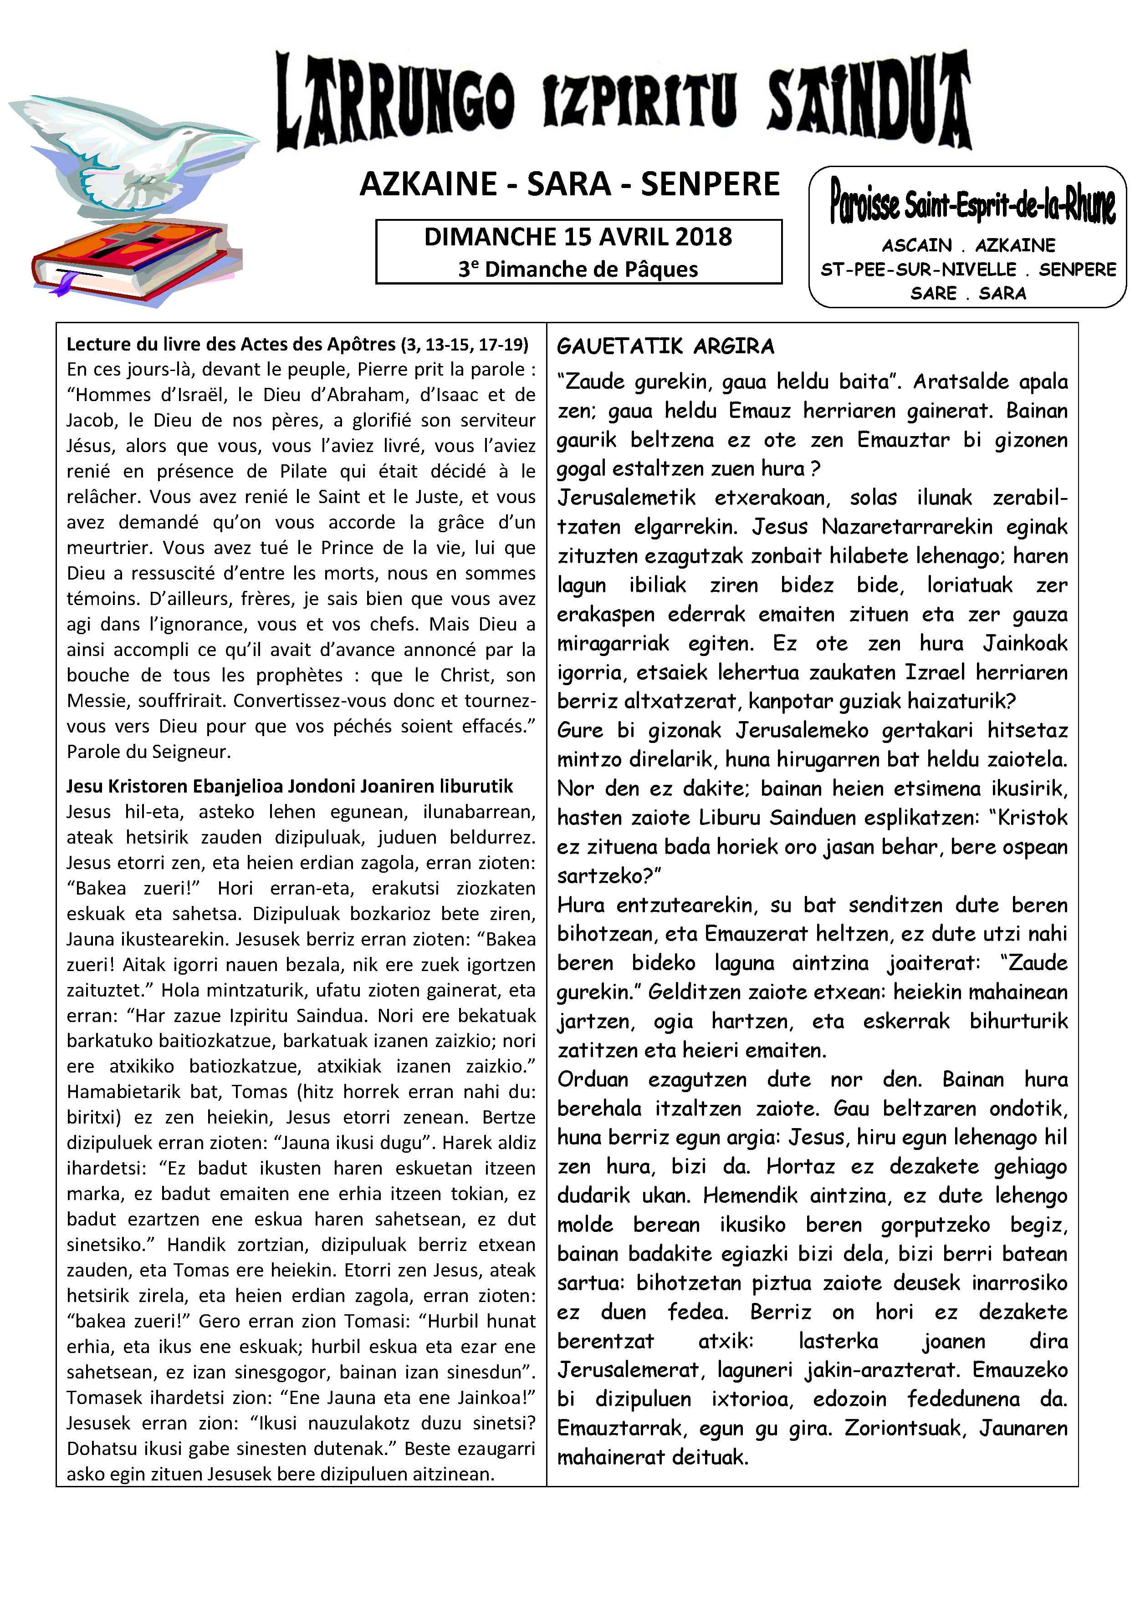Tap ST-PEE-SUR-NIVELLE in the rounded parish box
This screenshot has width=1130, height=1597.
[x=919, y=269]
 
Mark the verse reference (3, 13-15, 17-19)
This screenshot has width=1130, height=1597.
[x=464, y=344]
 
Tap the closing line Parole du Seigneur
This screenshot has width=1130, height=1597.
[x=148, y=752]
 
